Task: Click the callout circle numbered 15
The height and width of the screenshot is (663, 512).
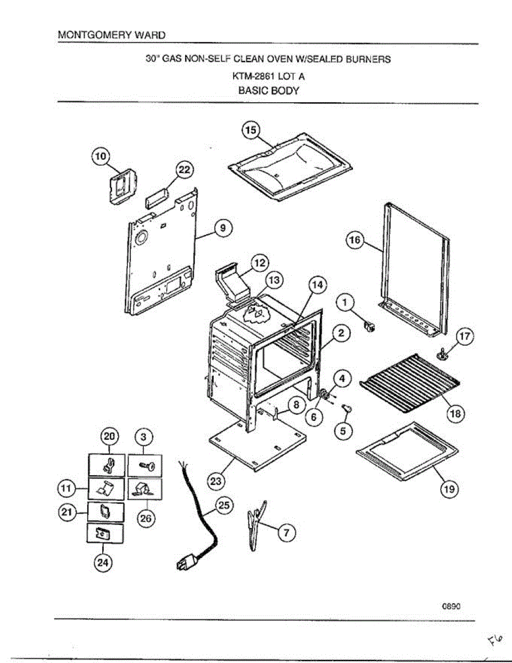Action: (250, 130)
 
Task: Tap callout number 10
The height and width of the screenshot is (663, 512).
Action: (101, 156)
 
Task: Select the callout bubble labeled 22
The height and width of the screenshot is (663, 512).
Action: (184, 170)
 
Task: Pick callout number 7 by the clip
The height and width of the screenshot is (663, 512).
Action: (286, 533)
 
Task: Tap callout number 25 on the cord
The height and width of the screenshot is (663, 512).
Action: (224, 507)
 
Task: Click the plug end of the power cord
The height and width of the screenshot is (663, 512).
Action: (185, 564)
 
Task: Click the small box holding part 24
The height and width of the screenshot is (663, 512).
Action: (105, 534)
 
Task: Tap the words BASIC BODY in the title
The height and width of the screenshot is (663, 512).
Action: (268, 91)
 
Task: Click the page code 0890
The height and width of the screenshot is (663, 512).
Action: (451, 605)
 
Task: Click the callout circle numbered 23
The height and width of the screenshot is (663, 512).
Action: (215, 481)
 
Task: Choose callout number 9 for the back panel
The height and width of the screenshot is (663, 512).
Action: (223, 228)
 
